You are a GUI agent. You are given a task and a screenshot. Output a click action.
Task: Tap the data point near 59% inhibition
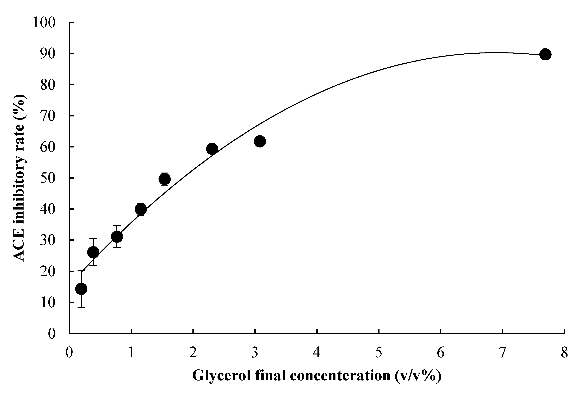pyautogui.click(x=212, y=149)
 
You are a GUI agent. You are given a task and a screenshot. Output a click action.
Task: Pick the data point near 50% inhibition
pyautogui.click(x=165, y=179)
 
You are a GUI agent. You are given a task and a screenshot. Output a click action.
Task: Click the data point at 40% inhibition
pyautogui.click(x=141, y=209)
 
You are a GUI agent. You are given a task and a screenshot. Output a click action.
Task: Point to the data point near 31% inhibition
pyautogui.click(x=117, y=237)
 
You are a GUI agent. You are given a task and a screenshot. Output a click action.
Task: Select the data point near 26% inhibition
pyautogui.click(x=93, y=252)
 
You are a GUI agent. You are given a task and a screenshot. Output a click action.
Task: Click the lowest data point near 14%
pyautogui.click(x=81, y=289)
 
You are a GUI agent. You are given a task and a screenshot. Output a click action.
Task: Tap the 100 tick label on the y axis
pyautogui.click(x=44, y=23)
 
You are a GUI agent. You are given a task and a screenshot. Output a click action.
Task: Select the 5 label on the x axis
pyautogui.click(x=379, y=353)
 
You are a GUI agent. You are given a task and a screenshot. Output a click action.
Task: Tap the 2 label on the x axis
pyautogui.click(x=193, y=353)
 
